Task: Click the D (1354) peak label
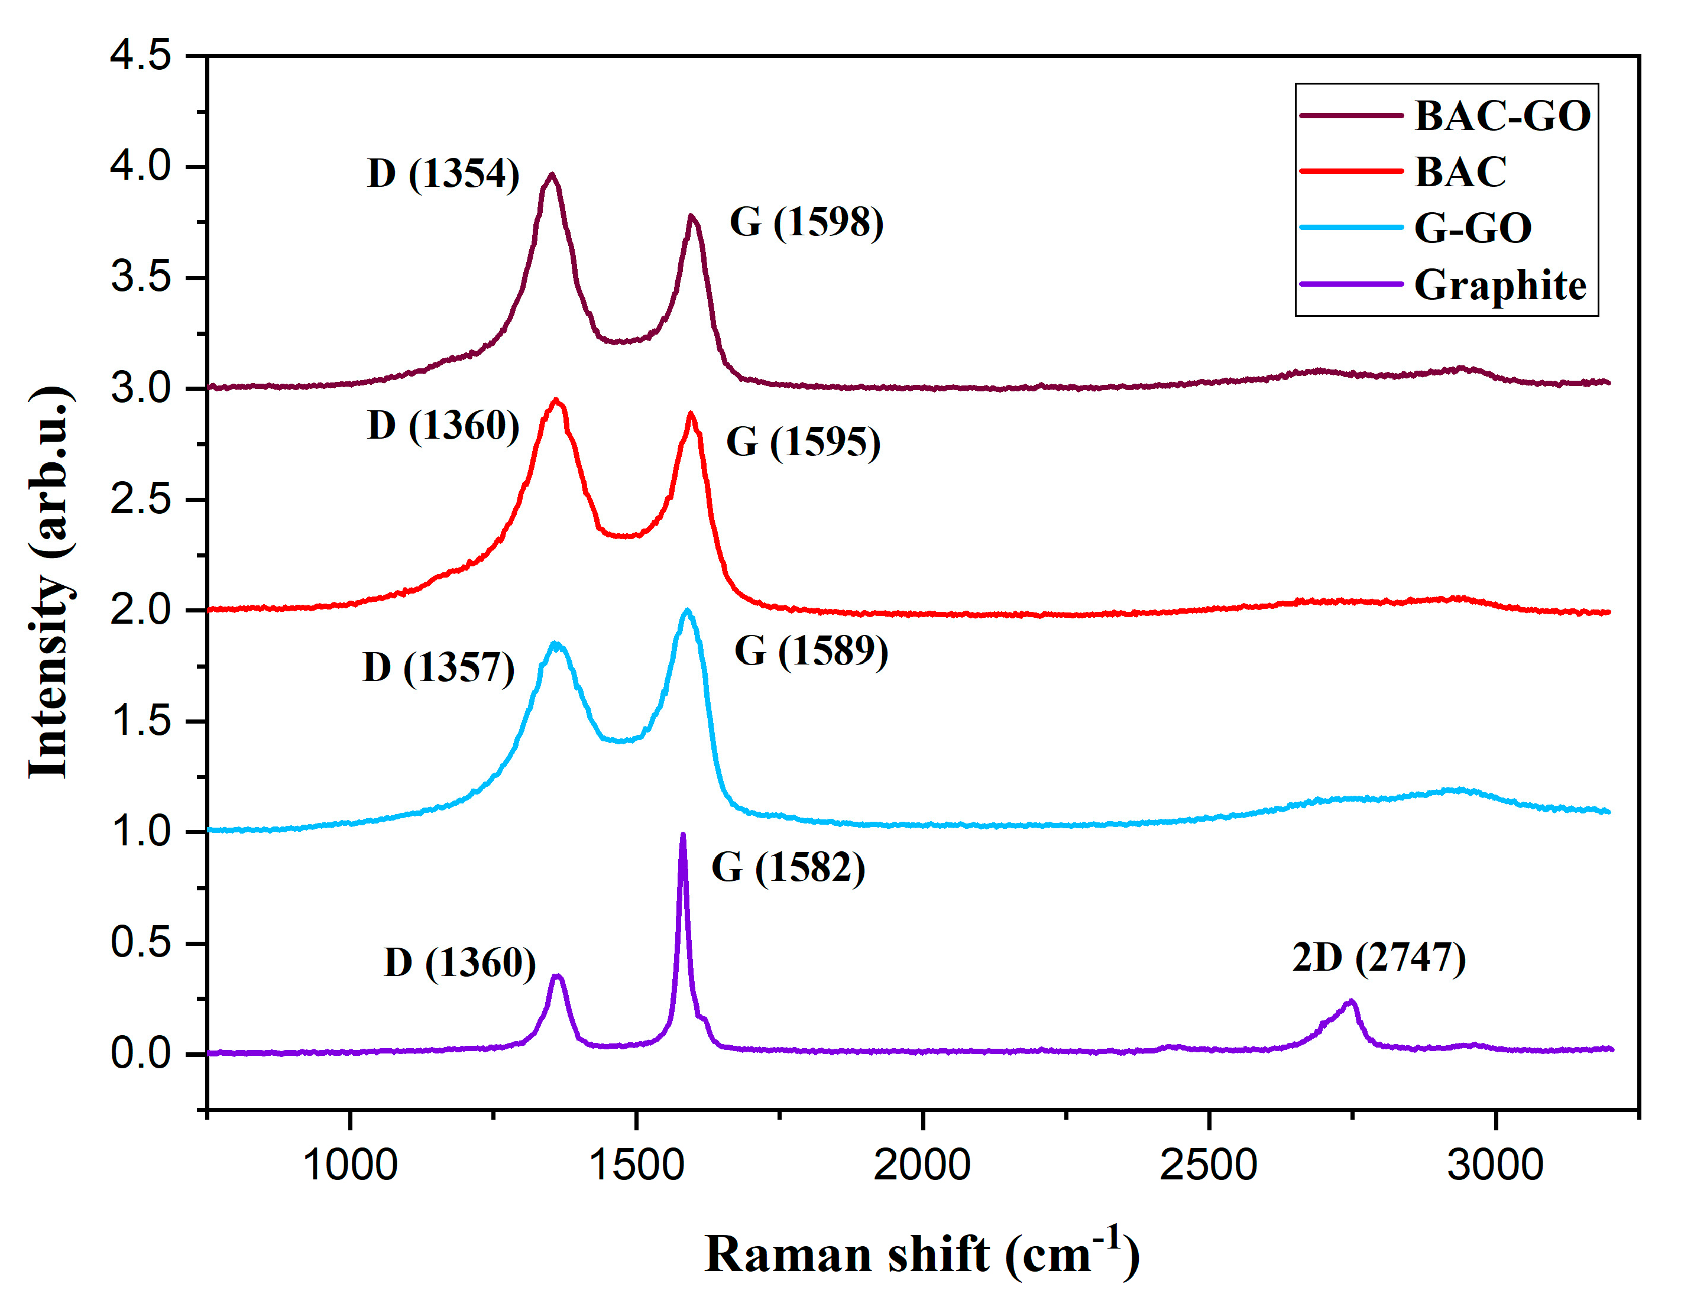(x=443, y=174)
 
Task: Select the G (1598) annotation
(x=807, y=222)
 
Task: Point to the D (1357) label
(x=439, y=667)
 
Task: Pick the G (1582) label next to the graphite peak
(x=788, y=868)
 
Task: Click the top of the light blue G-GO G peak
(x=687, y=611)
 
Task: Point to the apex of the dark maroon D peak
(x=551, y=175)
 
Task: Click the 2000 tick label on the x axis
(x=922, y=1165)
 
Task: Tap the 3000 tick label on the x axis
(x=1495, y=1165)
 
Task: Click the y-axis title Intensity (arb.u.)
(x=51, y=583)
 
